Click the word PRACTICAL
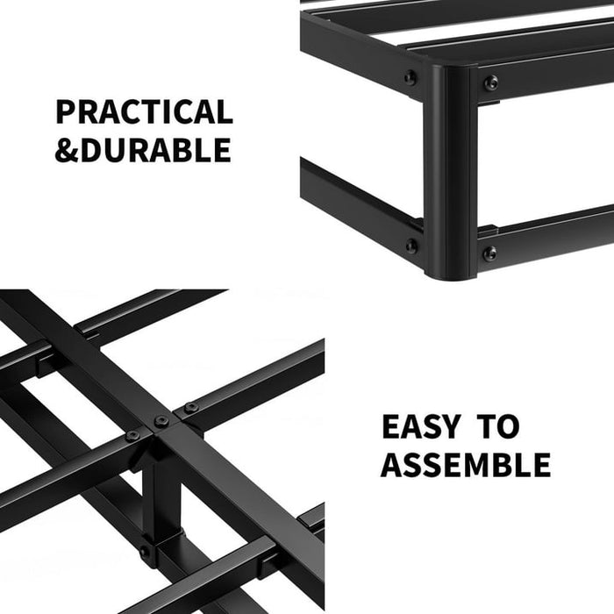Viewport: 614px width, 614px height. [x=144, y=112]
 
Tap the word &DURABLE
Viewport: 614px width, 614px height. [x=143, y=150]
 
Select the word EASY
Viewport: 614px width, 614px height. [x=420, y=427]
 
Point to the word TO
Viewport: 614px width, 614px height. [x=498, y=427]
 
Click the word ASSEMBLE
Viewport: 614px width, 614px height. [x=465, y=465]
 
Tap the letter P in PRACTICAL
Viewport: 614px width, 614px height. [x=66, y=112]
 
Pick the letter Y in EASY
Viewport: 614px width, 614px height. [x=450, y=427]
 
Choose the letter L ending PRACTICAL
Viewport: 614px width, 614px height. [x=224, y=112]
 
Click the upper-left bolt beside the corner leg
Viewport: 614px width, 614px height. [x=411, y=78]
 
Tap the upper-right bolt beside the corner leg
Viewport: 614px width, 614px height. [x=490, y=83]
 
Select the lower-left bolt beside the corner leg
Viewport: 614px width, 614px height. [x=411, y=246]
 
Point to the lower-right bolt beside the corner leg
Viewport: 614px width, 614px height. [x=489, y=253]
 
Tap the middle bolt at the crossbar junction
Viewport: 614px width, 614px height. [x=161, y=421]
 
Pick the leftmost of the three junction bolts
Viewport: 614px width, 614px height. [x=132, y=435]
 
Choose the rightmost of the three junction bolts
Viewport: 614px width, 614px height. [x=190, y=407]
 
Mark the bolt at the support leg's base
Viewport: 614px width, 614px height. [x=145, y=553]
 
